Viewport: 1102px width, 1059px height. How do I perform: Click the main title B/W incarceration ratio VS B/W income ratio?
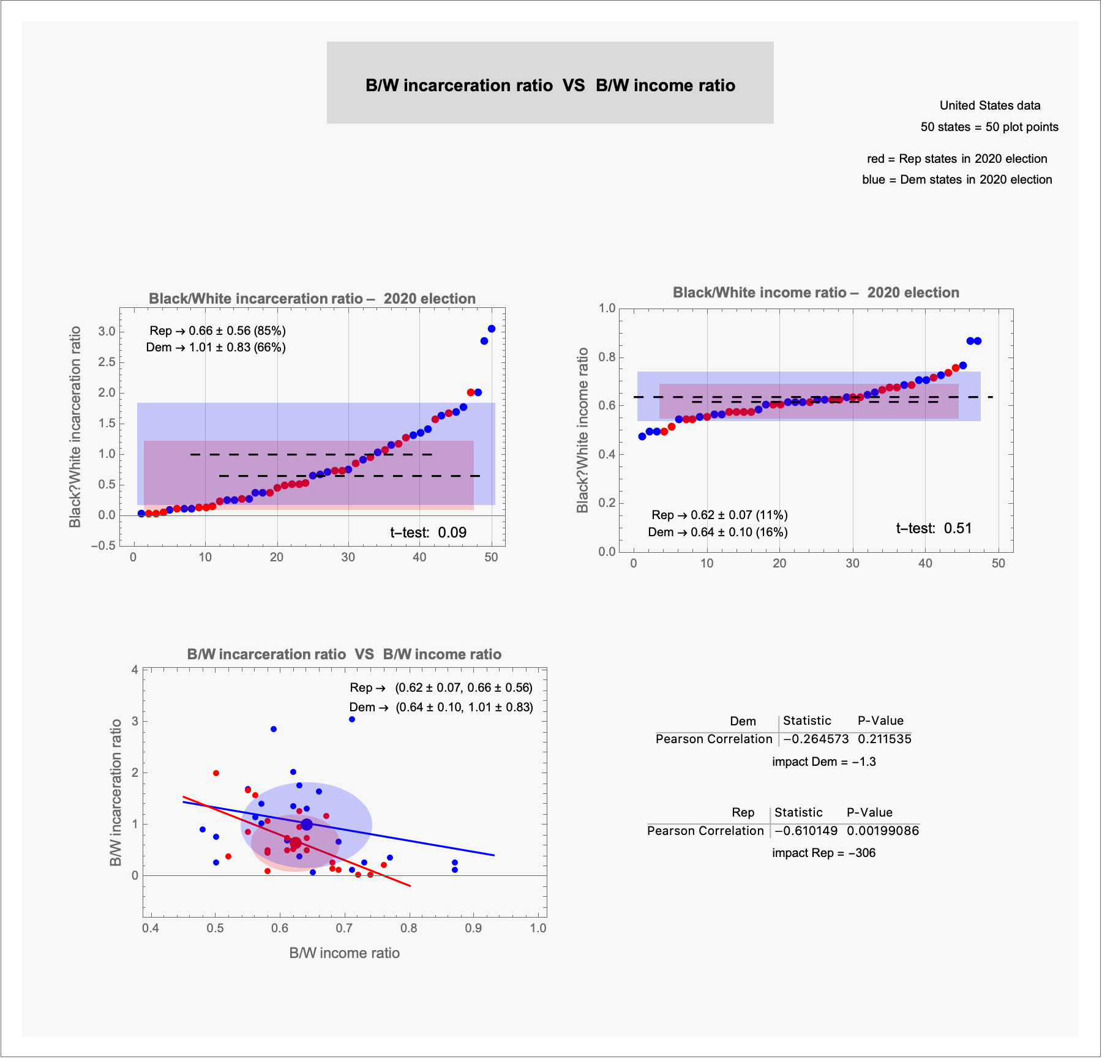(x=550, y=85)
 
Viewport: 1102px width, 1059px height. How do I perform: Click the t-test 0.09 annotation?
(x=428, y=533)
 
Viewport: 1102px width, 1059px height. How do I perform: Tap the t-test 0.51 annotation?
(x=934, y=528)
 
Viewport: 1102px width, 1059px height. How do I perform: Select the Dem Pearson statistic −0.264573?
(x=816, y=739)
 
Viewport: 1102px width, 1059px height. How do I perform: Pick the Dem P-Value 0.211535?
(x=885, y=739)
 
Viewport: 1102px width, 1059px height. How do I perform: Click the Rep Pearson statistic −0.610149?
(x=806, y=831)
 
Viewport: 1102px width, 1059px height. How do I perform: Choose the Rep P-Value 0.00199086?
(x=883, y=831)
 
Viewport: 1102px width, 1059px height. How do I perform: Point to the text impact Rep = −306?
(x=823, y=853)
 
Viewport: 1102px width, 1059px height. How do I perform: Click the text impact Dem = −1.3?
(x=823, y=762)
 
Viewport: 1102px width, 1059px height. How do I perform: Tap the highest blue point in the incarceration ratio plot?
(x=492, y=329)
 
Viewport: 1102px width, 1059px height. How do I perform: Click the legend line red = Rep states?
(x=957, y=159)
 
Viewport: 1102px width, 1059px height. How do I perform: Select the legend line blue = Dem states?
(x=957, y=179)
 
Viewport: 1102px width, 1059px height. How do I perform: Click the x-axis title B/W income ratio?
(x=344, y=953)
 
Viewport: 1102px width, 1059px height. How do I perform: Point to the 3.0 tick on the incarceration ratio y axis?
(x=107, y=331)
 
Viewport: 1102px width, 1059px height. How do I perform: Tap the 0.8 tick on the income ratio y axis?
(x=607, y=357)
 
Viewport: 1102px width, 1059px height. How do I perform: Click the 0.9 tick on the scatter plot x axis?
(x=473, y=928)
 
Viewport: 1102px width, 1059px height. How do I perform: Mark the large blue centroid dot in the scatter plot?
(x=307, y=824)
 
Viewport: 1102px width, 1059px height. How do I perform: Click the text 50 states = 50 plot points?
(x=989, y=127)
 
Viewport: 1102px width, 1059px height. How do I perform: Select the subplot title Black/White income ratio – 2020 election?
(x=815, y=293)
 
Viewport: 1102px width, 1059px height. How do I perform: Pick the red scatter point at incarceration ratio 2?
(x=216, y=773)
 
